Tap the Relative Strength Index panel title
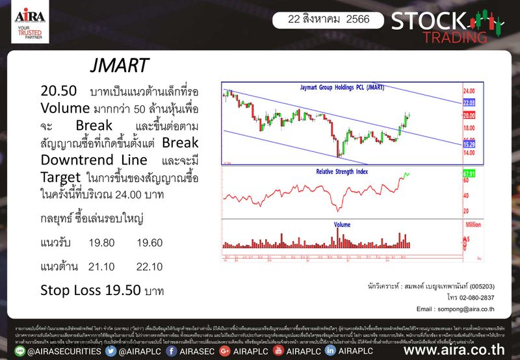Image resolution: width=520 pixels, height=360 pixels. (x=341, y=172)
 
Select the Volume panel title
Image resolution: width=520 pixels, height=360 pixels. (x=343, y=224)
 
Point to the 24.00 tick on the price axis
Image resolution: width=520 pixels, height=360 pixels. (x=469, y=91)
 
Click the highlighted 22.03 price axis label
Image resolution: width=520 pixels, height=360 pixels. (x=469, y=103)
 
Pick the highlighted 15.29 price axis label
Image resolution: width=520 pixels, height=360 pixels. (x=469, y=144)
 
